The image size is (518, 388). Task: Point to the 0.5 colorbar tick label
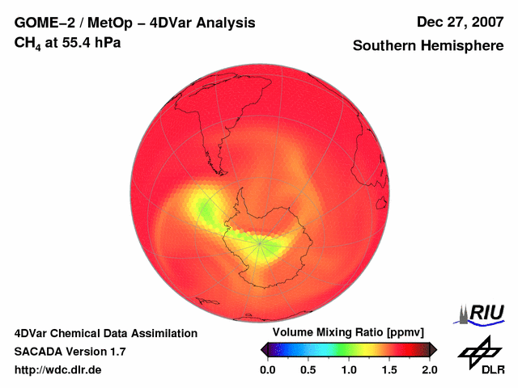point(308,369)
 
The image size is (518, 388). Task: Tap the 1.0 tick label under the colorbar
point(349,369)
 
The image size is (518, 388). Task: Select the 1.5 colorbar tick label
point(389,369)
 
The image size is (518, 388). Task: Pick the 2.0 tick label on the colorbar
point(430,369)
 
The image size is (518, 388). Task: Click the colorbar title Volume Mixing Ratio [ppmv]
point(348,333)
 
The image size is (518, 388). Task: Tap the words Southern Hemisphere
point(427,46)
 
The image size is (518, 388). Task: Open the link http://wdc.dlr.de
point(58,369)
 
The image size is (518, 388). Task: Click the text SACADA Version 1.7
point(70,352)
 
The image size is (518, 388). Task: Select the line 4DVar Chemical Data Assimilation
point(106,333)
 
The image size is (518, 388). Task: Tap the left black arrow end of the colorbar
point(264,349)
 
